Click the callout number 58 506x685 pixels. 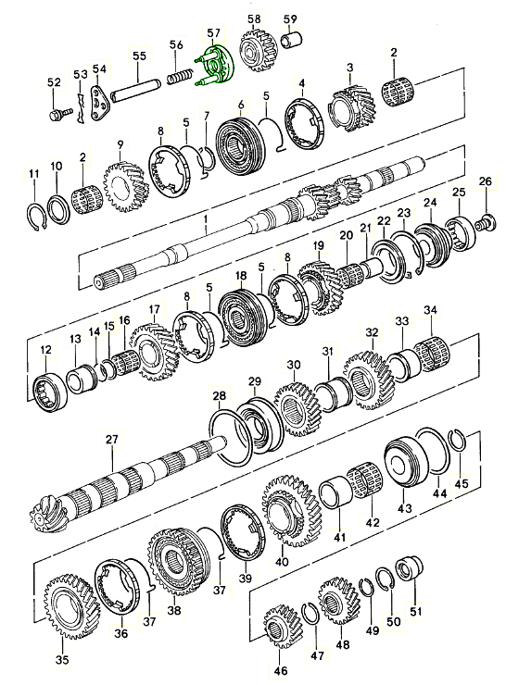pyautogui.click(x=253, y=19)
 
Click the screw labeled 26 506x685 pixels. pyautogui.click(x=483, y=223)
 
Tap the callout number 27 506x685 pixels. pyautogui.click(x=111, y=438)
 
